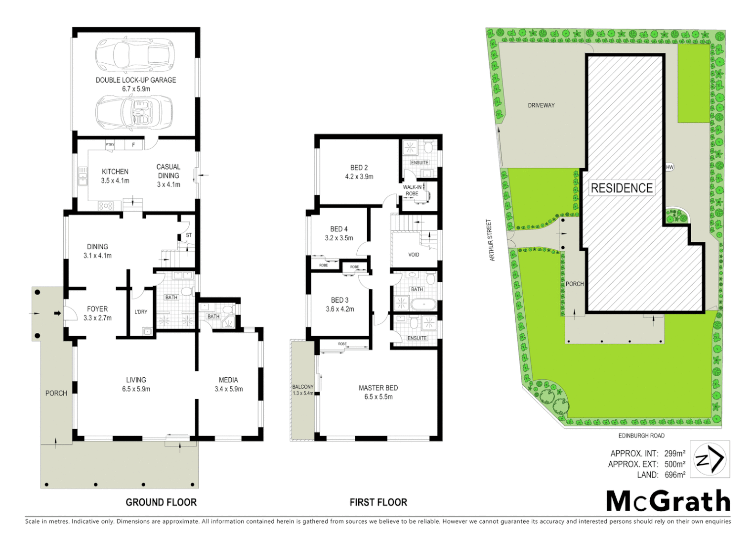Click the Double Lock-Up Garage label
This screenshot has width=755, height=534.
pyautogui.click(x=136, y=84)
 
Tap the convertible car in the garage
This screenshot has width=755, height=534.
pyautogui.click(x=134, y=113)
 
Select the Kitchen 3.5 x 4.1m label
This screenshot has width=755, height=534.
pyautogui.click(x=115, y=176)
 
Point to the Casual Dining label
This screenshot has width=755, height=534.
pyautogui.click(x=168, y=176)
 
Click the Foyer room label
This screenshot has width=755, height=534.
pyautogui.click(x=97, y=313)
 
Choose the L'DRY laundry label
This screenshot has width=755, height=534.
pyautogui.click(x=141, y=312)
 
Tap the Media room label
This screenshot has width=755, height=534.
pyautogui.click(x=228, y=384)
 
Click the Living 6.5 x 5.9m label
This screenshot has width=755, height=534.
pyautogui.click(x=136, y=384)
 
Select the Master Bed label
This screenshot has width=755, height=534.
pyautogui.click(x=378, y=392)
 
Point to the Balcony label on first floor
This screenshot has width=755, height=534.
pyautogui.click(x=303, y=390)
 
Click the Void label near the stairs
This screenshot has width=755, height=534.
pyautogui.click(x=414, y=255)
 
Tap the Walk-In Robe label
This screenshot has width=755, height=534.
pyautogui.click(x=412, y=190)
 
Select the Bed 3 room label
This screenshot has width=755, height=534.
pyautogui.click(x=340, y=304)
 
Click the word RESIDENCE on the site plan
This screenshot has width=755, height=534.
pyautogui.click(x=622, y=188)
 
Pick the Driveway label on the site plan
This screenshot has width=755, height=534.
pyautogui.click(x=541, y=105)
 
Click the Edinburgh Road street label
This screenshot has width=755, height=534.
pyautogui.click(x=641, y=436)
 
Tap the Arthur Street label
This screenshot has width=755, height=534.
pyautogui.click(x=491, y=240)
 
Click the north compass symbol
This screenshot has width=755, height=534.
pyautogui.click(x=710, y=459)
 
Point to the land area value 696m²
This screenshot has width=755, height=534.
pyautogui.click(x=674, y=475)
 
